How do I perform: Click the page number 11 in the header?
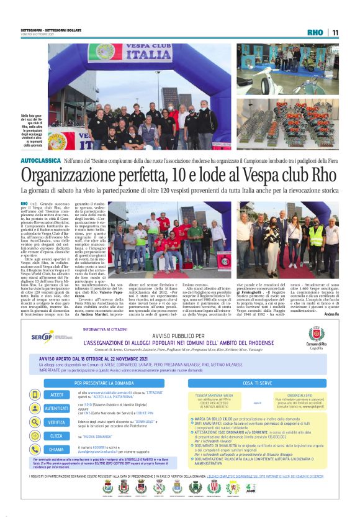(x=335, y=32)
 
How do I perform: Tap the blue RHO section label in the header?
(x=316, y=32)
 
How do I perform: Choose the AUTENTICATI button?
(x=56, y=391)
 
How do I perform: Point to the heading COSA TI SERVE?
(x=259, y=365)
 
